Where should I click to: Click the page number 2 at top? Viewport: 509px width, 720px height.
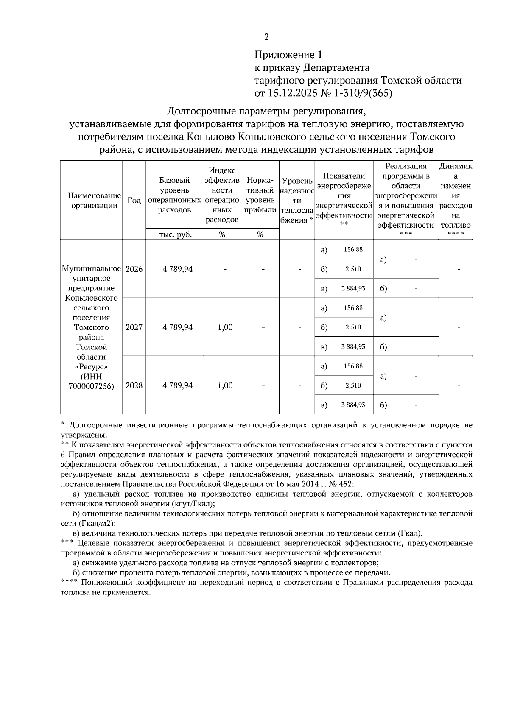coord(266,37)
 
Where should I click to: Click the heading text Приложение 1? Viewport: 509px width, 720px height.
coord(288,55)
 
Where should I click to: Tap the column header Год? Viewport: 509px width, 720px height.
coord(134,201)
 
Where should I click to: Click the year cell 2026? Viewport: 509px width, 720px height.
coord(134,269)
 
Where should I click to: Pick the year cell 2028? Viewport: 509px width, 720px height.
coord(134,385)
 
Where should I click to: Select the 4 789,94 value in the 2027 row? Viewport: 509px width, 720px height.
coord(178,327)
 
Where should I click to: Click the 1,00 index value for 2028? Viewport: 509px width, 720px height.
coord(225,385)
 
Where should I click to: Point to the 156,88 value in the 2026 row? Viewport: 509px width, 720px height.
coord(353,250)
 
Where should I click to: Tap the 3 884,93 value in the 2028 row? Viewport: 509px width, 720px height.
coord(353,405)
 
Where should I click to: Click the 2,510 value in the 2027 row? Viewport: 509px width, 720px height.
coord(353,327)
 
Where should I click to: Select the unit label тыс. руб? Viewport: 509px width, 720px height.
coord(175,234)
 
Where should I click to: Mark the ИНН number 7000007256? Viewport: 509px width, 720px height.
coord(91,386)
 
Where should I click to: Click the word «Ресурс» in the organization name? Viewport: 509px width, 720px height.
coord(91,366)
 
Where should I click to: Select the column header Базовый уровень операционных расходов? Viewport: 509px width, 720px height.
coord(174,195)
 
